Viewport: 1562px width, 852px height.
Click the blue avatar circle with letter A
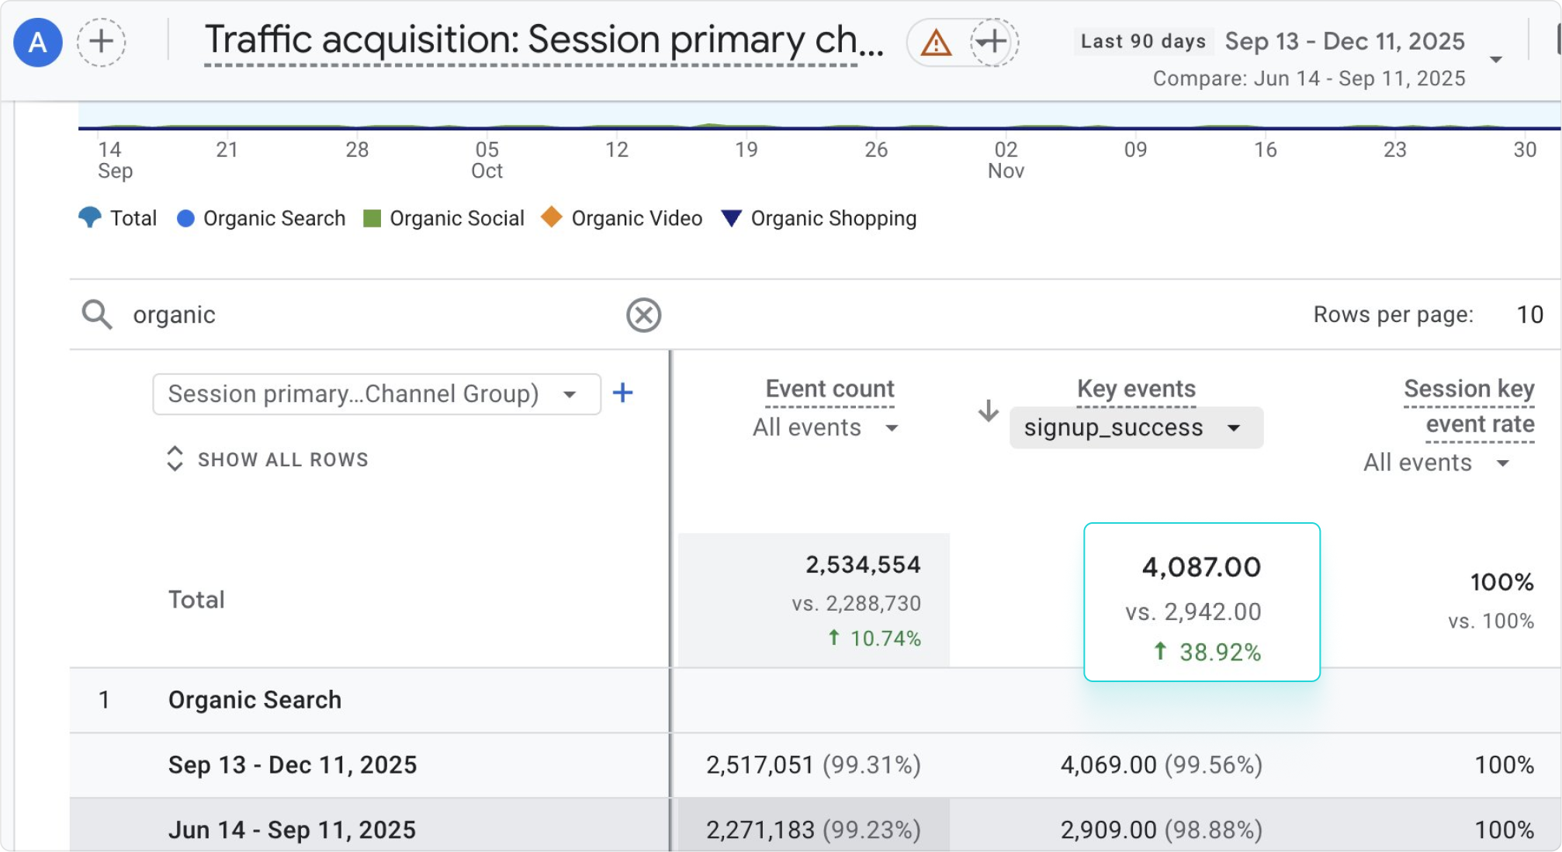tap(37, 42)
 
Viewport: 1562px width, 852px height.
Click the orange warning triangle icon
tap(935, 43)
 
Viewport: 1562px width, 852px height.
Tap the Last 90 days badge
tap(1143, 41)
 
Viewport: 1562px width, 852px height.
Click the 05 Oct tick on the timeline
tap(487, 159)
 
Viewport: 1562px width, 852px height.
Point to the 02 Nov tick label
tap(1006, 159)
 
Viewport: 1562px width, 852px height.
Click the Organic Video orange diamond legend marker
tap(551, 217)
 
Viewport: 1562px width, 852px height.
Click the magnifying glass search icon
tap(97, 315)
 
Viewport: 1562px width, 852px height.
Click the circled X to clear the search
tap(643, 315)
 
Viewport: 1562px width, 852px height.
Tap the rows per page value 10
tap(1529, 314)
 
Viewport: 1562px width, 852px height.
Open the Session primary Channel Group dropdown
tap(376, 394)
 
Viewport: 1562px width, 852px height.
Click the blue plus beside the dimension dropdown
tap(622, 393)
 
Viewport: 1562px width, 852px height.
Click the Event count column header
tap(829, 389)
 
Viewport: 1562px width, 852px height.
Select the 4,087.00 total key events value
tap(1200, 567)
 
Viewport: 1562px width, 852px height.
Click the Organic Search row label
tap(255, 700)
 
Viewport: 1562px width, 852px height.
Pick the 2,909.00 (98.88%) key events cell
tap(1161, 829)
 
